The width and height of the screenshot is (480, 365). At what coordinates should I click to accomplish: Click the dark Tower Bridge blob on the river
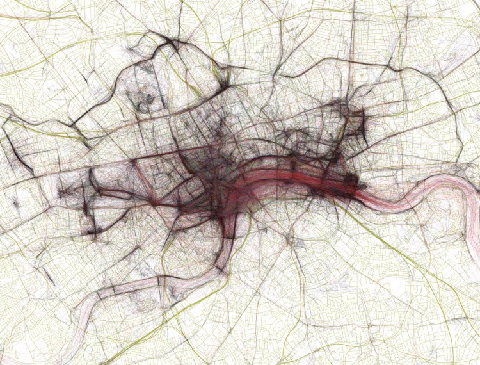pos(351,181)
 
